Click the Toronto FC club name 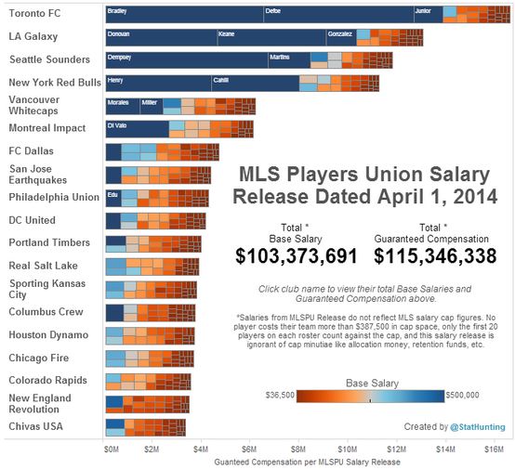(35, 14)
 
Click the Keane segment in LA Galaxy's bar (270, 37)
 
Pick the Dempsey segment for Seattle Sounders (186, 60)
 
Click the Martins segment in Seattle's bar (288, 60)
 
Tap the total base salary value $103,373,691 (297, 255)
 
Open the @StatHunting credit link (477, 426)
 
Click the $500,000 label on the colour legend (463, 395)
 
